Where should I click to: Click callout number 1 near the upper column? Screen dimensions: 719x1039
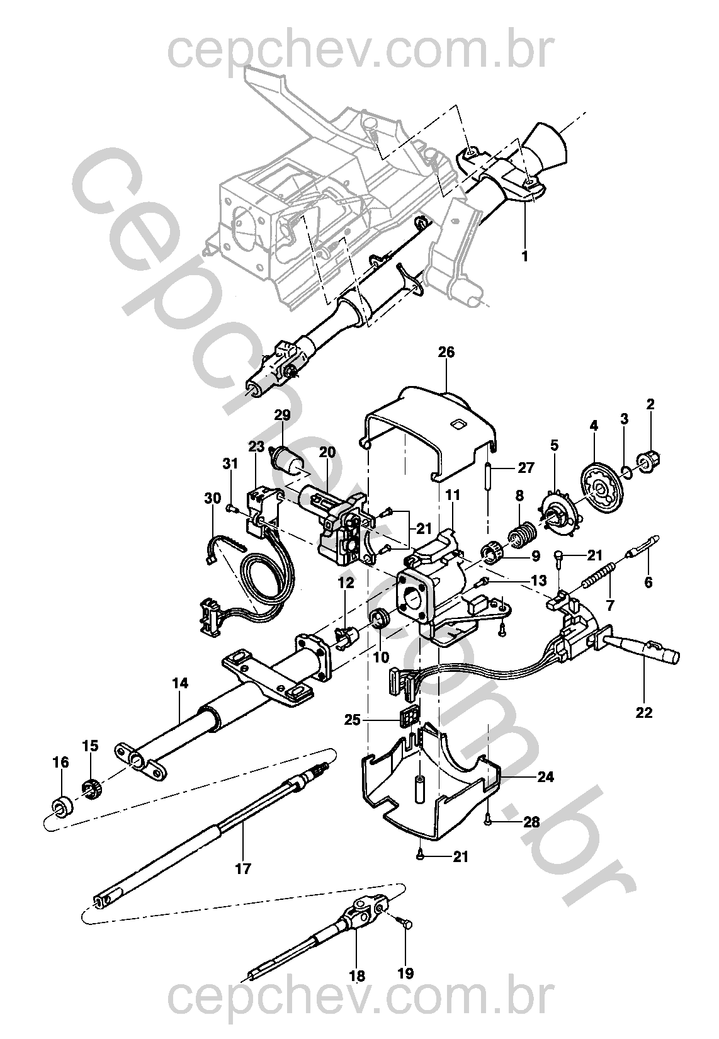(x=524, y=256)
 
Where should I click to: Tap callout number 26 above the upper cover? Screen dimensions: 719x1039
(x=446, y=352)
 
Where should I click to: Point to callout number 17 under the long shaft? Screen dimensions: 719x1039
(x=243, y=868)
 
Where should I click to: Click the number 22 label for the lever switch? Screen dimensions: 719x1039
(x=644, y=712)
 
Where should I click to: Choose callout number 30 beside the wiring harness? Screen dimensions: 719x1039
(x=213, y=498)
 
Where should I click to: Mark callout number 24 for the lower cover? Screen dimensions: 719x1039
(x=545, y=776)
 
